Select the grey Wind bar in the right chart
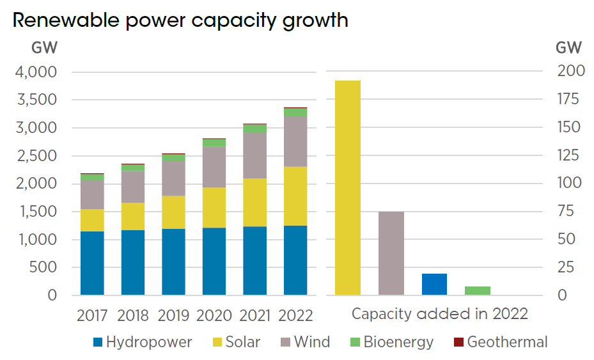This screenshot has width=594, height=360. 391,253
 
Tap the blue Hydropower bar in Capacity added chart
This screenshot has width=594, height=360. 434,284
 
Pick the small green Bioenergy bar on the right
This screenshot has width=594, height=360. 478,290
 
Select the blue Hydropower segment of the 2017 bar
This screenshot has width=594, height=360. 92,263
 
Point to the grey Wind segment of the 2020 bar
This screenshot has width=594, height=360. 214,167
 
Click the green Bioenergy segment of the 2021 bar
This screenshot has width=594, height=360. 255,129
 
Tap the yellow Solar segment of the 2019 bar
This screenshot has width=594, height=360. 173,212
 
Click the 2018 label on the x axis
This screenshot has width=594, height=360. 133,315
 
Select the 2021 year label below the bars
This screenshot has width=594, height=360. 254,315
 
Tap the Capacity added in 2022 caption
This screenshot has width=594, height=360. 440,314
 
